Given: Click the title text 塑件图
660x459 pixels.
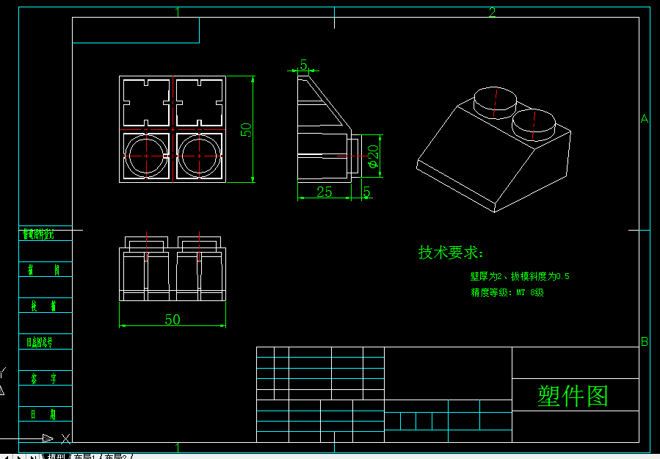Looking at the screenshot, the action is click(x=573, y=396).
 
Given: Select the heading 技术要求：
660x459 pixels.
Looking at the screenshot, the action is click(x=451, y=253).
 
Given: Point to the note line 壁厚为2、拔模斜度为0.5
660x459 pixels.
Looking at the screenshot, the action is click(x=520, y=277).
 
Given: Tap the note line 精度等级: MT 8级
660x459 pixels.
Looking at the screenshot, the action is click(x=507, y=292).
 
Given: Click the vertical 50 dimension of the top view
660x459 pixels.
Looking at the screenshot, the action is click(x=247, y=129).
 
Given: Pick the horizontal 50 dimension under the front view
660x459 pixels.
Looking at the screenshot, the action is click(x=173, y=319).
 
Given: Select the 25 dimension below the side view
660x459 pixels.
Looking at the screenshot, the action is click(x=324, y=192).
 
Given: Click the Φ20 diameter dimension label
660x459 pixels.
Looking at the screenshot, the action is click(x=373, y=156).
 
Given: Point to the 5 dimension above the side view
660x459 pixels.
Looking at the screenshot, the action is click(x=304, y=65).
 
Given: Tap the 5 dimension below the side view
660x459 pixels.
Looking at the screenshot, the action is click(x=366, y=192).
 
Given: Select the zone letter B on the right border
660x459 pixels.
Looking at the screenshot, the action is click(x=645, y=341).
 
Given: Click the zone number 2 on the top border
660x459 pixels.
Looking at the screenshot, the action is click(x=493, y=12).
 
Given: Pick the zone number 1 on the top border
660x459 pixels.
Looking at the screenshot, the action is click(x=178, y=12).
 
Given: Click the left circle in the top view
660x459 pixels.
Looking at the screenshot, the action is click(x=146, y=156).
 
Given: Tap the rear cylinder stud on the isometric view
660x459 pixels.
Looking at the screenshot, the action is click(x=495, y=102).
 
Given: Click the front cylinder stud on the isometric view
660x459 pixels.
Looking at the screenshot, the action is click(x=534, y=124).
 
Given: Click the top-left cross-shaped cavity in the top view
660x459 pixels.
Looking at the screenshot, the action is click(x=146, y=102).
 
